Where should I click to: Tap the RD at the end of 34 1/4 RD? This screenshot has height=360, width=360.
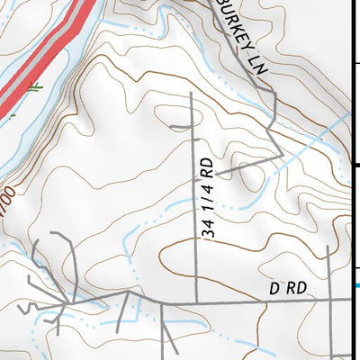(x=207, y=168)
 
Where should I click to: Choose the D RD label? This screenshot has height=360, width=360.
(x=288, y=288)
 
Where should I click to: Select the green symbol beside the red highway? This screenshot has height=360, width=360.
(x=34, y=87)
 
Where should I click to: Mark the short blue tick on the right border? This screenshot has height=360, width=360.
(x=357, y=286)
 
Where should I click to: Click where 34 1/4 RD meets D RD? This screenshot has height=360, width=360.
(x=196, y=300)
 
